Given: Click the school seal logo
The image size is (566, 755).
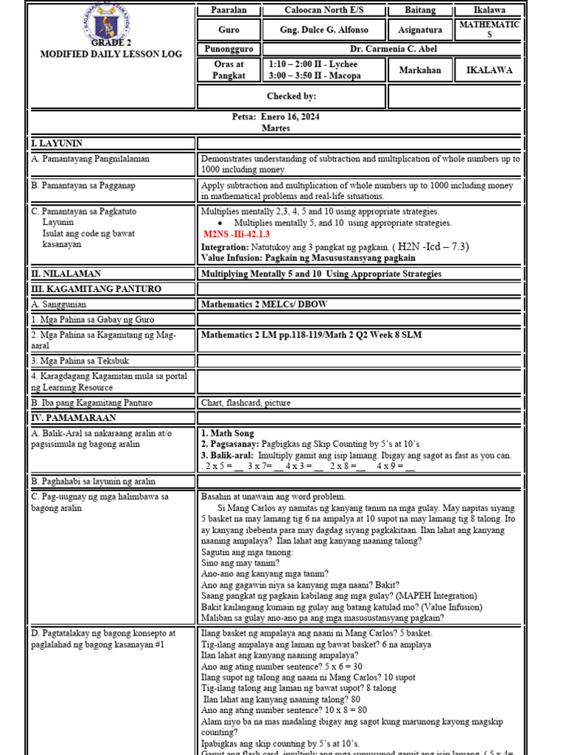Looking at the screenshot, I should click(110, 27).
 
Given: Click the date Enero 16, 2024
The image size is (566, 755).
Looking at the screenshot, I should click(276, 116).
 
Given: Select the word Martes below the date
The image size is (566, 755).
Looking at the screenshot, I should click(276, 128).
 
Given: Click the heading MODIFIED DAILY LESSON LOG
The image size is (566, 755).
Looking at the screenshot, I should click(109, 54).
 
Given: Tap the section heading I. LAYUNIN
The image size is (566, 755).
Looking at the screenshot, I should click(57, 143).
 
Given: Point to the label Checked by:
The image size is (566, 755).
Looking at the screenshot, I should click(291, 96).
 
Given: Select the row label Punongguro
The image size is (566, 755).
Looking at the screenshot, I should click(228, 49).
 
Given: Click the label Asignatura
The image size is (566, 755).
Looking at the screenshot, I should click(420, 30).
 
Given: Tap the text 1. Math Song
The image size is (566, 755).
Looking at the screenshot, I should click(228, 434).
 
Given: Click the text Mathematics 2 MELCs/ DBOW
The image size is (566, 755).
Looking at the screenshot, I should click(265, 304).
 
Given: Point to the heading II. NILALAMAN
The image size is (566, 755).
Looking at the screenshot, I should click(66, 274).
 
